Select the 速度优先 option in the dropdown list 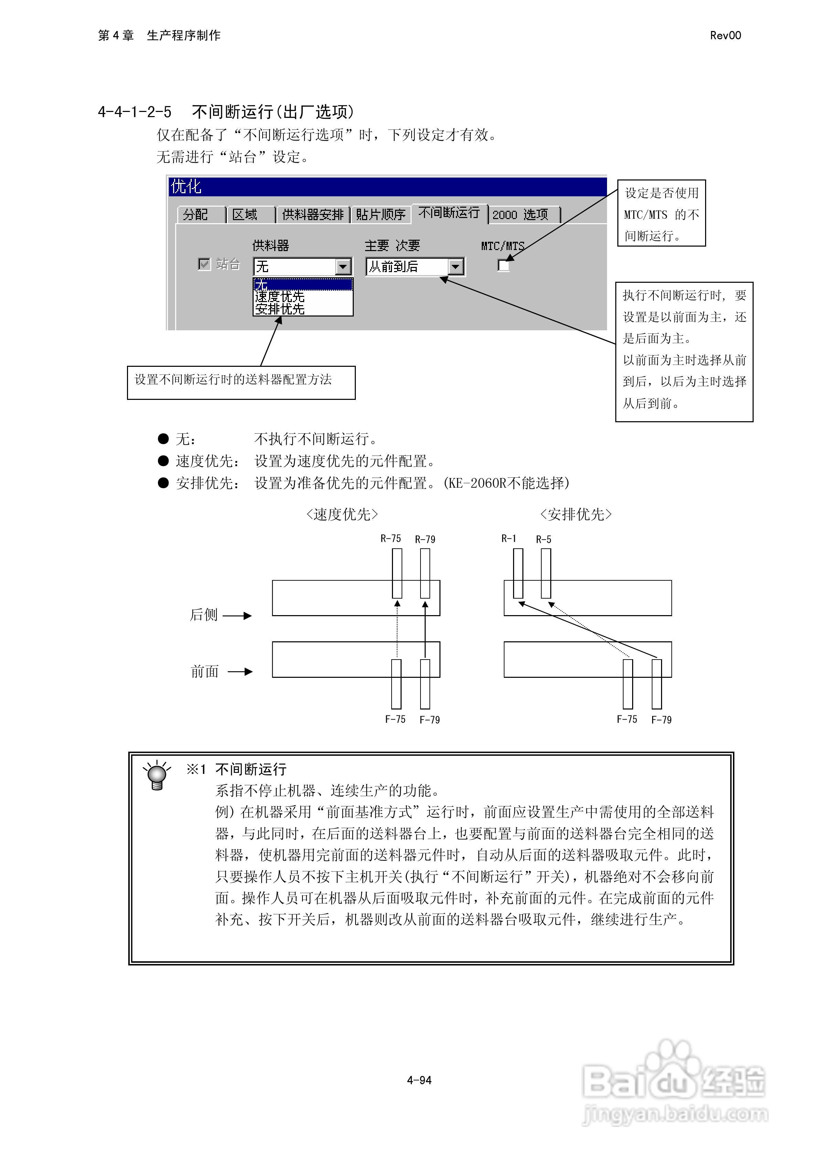coord(280,297)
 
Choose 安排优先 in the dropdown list coord(280,309)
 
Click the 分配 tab coord(195,215)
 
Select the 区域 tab coord(245,215)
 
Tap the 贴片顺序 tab coord(381,215)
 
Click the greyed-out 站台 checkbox coord(204,264)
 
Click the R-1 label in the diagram coord(509,539)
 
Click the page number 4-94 coord(419,1080)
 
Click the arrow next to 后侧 coord(237,615)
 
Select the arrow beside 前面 coord(240,672)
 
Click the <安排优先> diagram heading coord(576,514)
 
